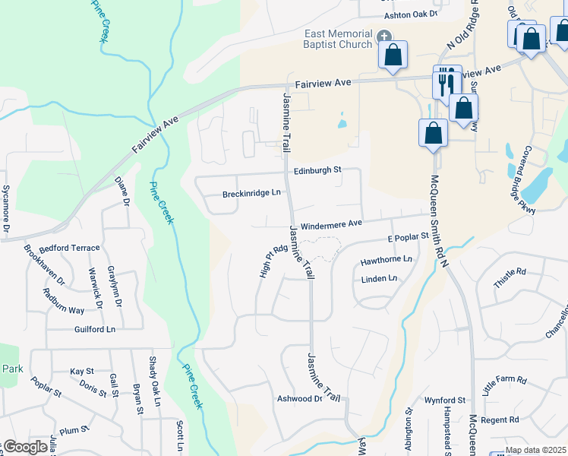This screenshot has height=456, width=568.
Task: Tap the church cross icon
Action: pyautogui.click(x=384, y=36)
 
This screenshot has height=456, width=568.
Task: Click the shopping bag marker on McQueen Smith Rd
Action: pyautogui.click(x=433, y=132)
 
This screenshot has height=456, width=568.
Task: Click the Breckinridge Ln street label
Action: pyautogui.click(x=251, y=194)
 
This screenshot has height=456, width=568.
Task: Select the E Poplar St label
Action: pyautogui.click(x=409, y=238)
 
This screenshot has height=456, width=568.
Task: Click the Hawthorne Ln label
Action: pyautogui.click(x=387, y=260)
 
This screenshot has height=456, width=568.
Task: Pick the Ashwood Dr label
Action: pyautogui.click(x=299, y=398)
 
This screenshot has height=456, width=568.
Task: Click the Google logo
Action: pyautogui.click(x=24, y=447)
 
